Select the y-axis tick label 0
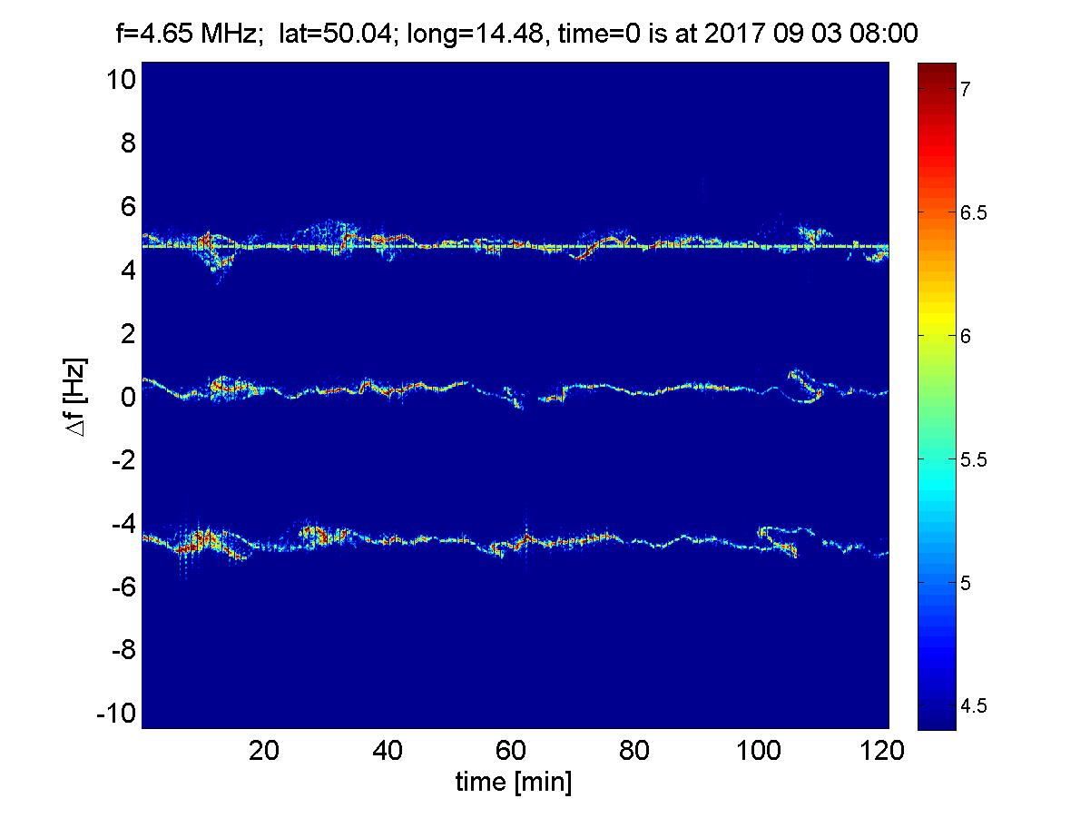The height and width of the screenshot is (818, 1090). [127, 397]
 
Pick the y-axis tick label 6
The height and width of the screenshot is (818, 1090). [127, 207]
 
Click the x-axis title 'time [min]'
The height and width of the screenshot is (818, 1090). [514, 782]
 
